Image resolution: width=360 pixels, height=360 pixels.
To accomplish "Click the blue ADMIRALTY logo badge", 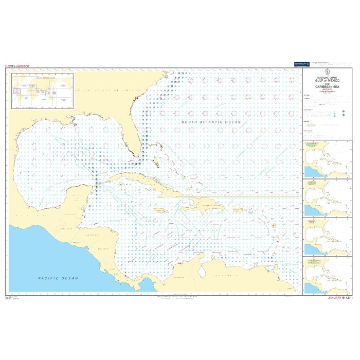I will tap(300, 64).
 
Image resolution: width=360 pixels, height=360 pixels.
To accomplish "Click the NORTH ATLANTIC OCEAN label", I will tap(211, 121).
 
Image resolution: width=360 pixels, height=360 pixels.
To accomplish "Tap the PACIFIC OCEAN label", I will tap(58, 278).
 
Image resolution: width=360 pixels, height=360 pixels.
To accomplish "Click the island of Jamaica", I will tap(160, 210).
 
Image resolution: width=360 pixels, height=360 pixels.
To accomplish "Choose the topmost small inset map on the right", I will tap(327, 159).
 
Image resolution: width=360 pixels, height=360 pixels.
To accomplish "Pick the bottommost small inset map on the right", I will tap(327, 276).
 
